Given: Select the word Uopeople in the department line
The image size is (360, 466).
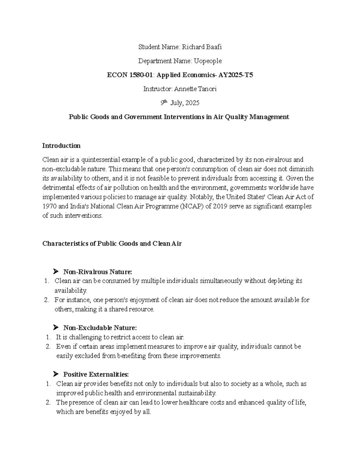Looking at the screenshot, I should (x=208, y=61).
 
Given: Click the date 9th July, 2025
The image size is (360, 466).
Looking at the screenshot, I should (x=180, y=103).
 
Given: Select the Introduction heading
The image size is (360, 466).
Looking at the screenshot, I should (x=61, y=146).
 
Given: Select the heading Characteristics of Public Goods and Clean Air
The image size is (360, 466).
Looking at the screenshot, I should (x=112, y=243).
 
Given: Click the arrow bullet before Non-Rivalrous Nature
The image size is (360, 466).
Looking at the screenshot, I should (x=55, y=272).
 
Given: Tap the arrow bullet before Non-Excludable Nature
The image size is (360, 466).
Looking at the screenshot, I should (x=55, y=327).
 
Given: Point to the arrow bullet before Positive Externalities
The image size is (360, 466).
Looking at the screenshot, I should (x=55, y=374).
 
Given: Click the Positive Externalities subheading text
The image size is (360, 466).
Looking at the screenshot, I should (x=96, y=374).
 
